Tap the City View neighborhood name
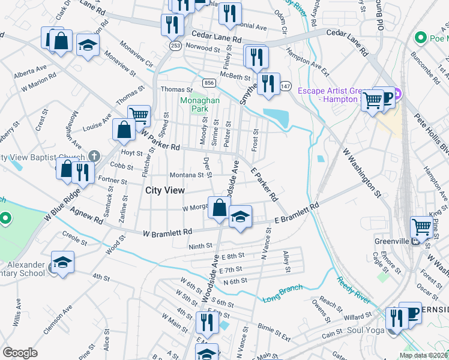164,190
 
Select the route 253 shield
175,46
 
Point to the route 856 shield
208,83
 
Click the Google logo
20,353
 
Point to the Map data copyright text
423,355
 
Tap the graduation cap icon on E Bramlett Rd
240,217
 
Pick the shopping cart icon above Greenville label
421,227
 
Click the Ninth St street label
200,245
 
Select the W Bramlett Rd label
167,232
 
